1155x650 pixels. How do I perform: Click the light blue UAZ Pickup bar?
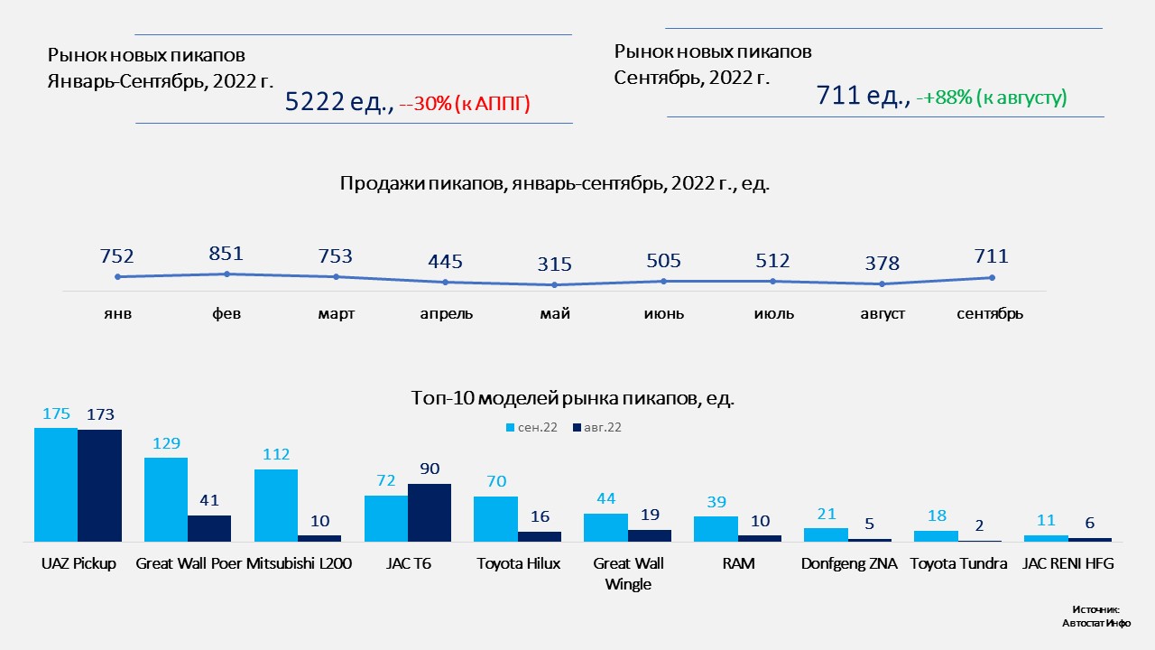(x=56, y=485)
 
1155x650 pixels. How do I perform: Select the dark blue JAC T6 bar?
(x=430, y=513)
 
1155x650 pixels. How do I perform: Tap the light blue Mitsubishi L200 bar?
(x=276, y=506)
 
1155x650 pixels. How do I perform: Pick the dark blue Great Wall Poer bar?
(x=209, y=528)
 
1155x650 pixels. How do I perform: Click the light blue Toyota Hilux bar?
(x=495, y=519)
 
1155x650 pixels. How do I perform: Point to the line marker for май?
(x=554, y=285)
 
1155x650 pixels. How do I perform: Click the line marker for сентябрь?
(x=992, y=277)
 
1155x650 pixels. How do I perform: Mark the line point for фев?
(x=226, y=274)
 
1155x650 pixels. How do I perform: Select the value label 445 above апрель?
(x=445, y=262)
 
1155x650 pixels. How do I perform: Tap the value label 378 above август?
(x=882, y=264)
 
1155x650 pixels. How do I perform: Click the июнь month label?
(x=664, y=314)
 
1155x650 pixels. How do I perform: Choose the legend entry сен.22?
(x=531, y=427)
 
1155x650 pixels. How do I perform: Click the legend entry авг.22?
(x=596, y=427)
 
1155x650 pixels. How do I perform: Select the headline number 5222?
(x=316, y=103)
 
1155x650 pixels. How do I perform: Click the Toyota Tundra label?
(x=958, y=564)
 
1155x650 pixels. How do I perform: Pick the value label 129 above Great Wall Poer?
(x=166, y=443)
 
